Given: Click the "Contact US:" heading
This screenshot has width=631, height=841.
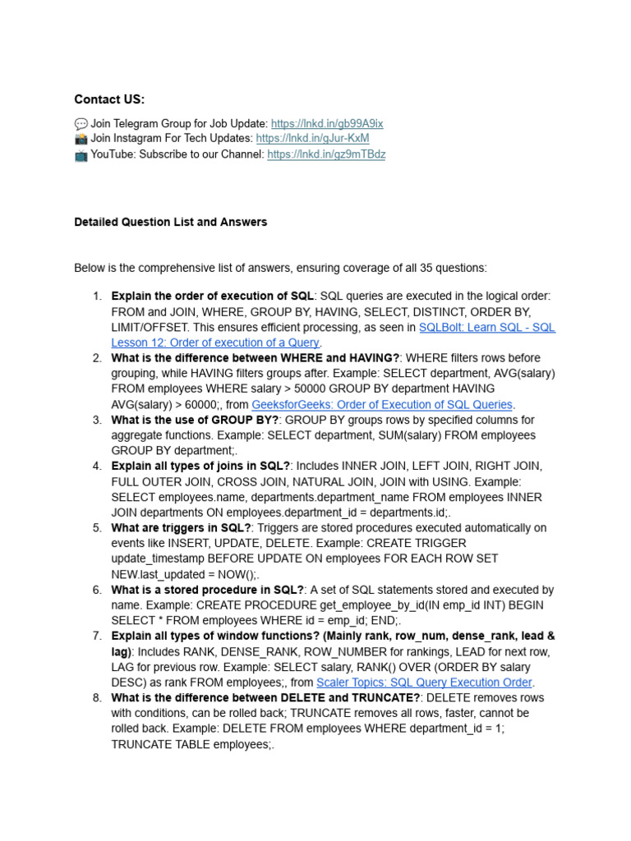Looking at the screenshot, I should point(109,99).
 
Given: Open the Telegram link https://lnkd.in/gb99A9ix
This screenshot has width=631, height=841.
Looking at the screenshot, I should point(327,123).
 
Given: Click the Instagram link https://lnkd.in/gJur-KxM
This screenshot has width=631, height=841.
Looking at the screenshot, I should point(312,138).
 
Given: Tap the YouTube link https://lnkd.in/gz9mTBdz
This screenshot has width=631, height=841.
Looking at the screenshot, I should point(325,154).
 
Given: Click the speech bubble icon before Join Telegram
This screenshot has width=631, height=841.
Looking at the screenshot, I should point(81,123).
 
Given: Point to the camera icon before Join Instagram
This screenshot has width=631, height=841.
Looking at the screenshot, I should point(81,138).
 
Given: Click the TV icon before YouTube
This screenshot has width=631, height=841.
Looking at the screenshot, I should point(81,154).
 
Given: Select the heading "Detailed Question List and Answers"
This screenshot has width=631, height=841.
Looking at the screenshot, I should point(170,222).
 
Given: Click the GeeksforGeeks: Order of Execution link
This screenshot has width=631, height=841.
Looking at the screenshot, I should point(381,404).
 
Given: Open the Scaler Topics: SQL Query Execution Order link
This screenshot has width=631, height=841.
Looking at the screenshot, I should point(424,682).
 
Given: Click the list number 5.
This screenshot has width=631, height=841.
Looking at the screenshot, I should point(97,527).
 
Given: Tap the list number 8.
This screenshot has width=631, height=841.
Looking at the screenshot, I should point(97,697).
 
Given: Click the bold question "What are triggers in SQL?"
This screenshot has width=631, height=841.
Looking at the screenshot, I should point(182,527).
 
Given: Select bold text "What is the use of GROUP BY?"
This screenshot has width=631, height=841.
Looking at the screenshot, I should point(195,420).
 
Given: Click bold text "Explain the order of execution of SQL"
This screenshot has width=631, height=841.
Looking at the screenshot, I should point(212,296).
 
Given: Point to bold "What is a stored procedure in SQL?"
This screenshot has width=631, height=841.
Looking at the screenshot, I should point(208,590).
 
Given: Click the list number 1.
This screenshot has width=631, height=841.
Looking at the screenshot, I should point(97,296).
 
